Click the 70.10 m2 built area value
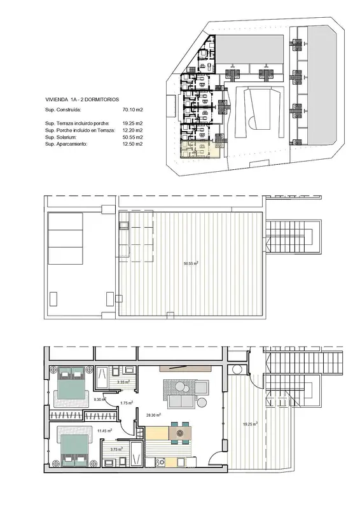132,109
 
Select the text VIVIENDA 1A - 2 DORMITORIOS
82,100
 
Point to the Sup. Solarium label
60,137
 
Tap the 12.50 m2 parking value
132,144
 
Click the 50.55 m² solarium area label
191,263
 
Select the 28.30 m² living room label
154,415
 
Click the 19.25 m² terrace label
251,424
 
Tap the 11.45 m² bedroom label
105,431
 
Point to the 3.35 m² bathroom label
123,382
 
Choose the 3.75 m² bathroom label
116,449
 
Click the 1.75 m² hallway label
127,403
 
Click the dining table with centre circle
180,433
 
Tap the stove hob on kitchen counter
160,462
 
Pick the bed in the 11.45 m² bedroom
74,447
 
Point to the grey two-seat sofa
182,402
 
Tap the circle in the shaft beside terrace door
237,370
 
